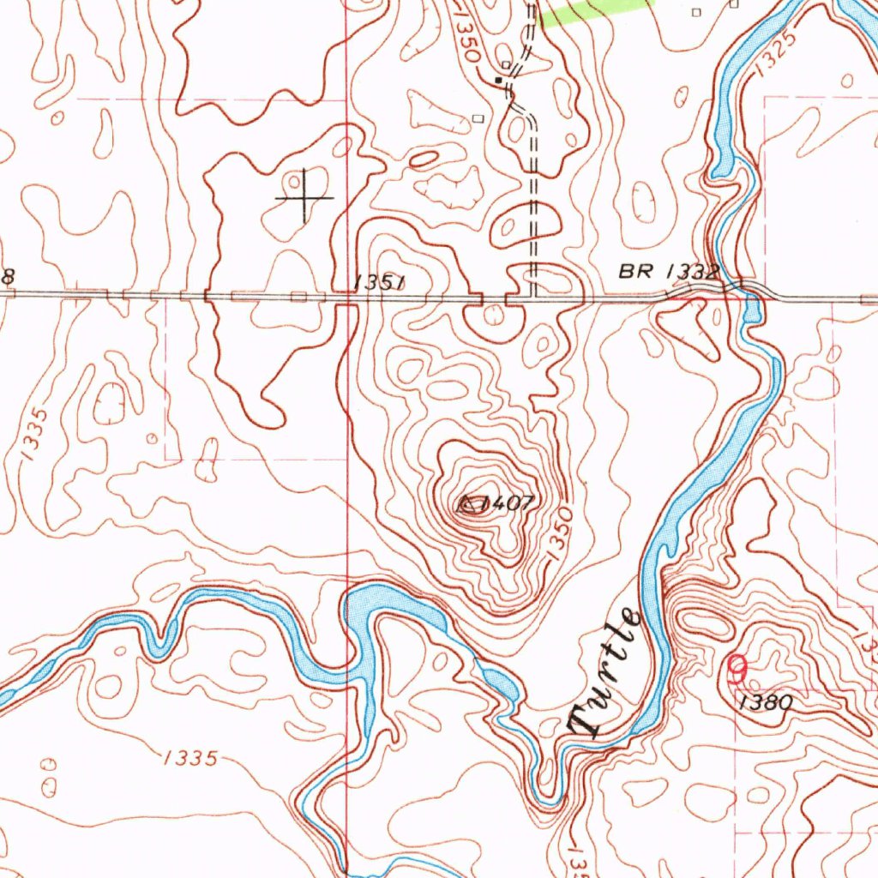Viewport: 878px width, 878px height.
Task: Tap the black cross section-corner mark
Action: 304,198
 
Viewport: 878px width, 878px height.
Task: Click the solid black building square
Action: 498,80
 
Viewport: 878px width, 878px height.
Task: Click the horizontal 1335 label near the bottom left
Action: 188,757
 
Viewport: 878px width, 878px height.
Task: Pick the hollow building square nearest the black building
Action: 507,65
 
